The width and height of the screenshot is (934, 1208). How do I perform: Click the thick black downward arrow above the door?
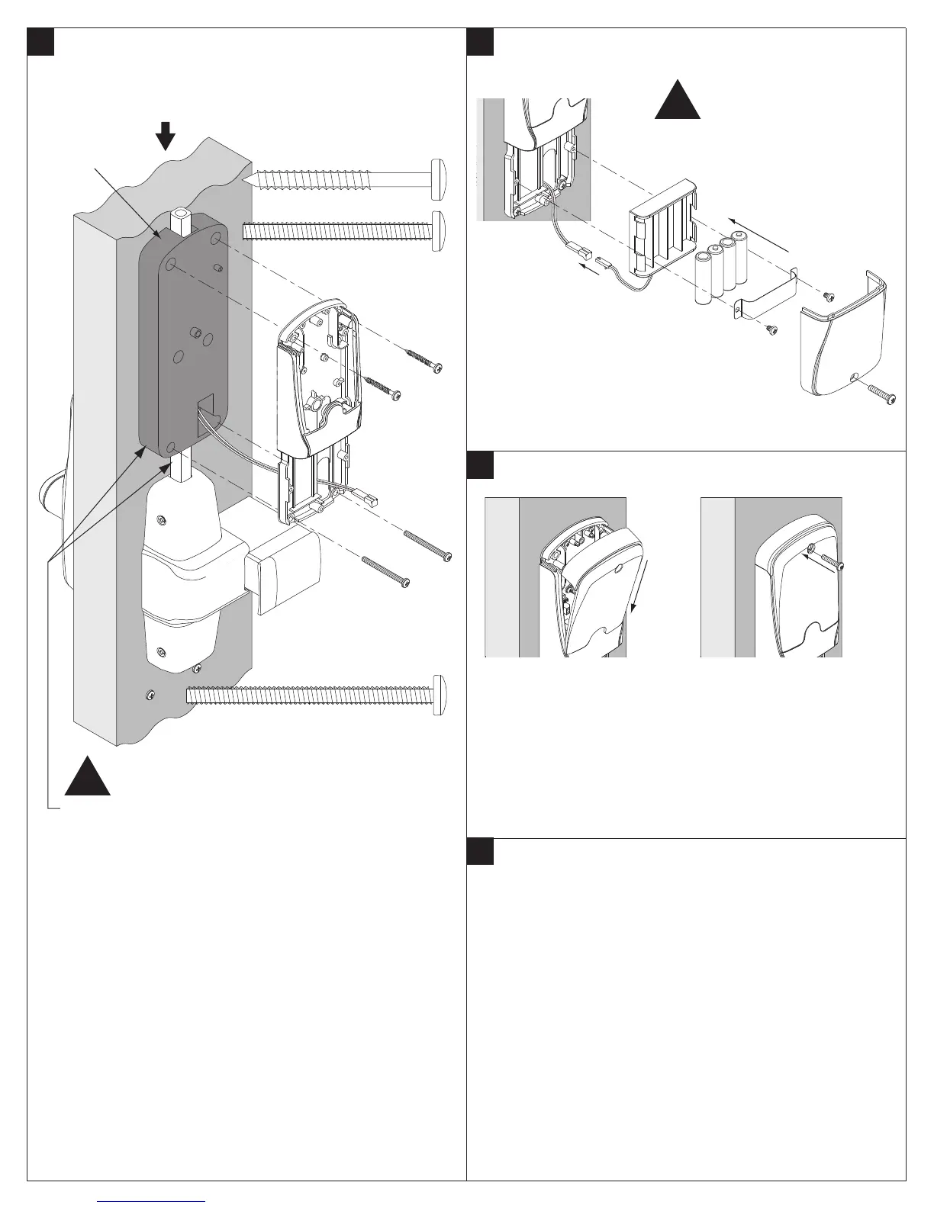[165, 138]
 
